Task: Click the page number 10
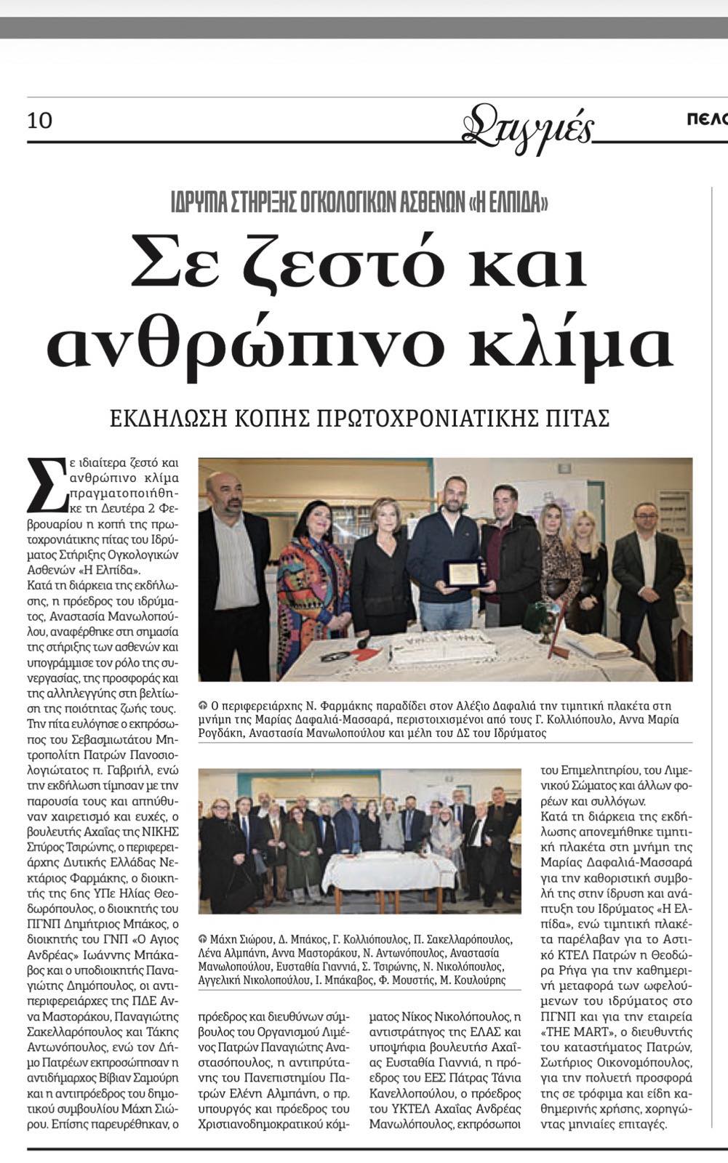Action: point(40,120)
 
